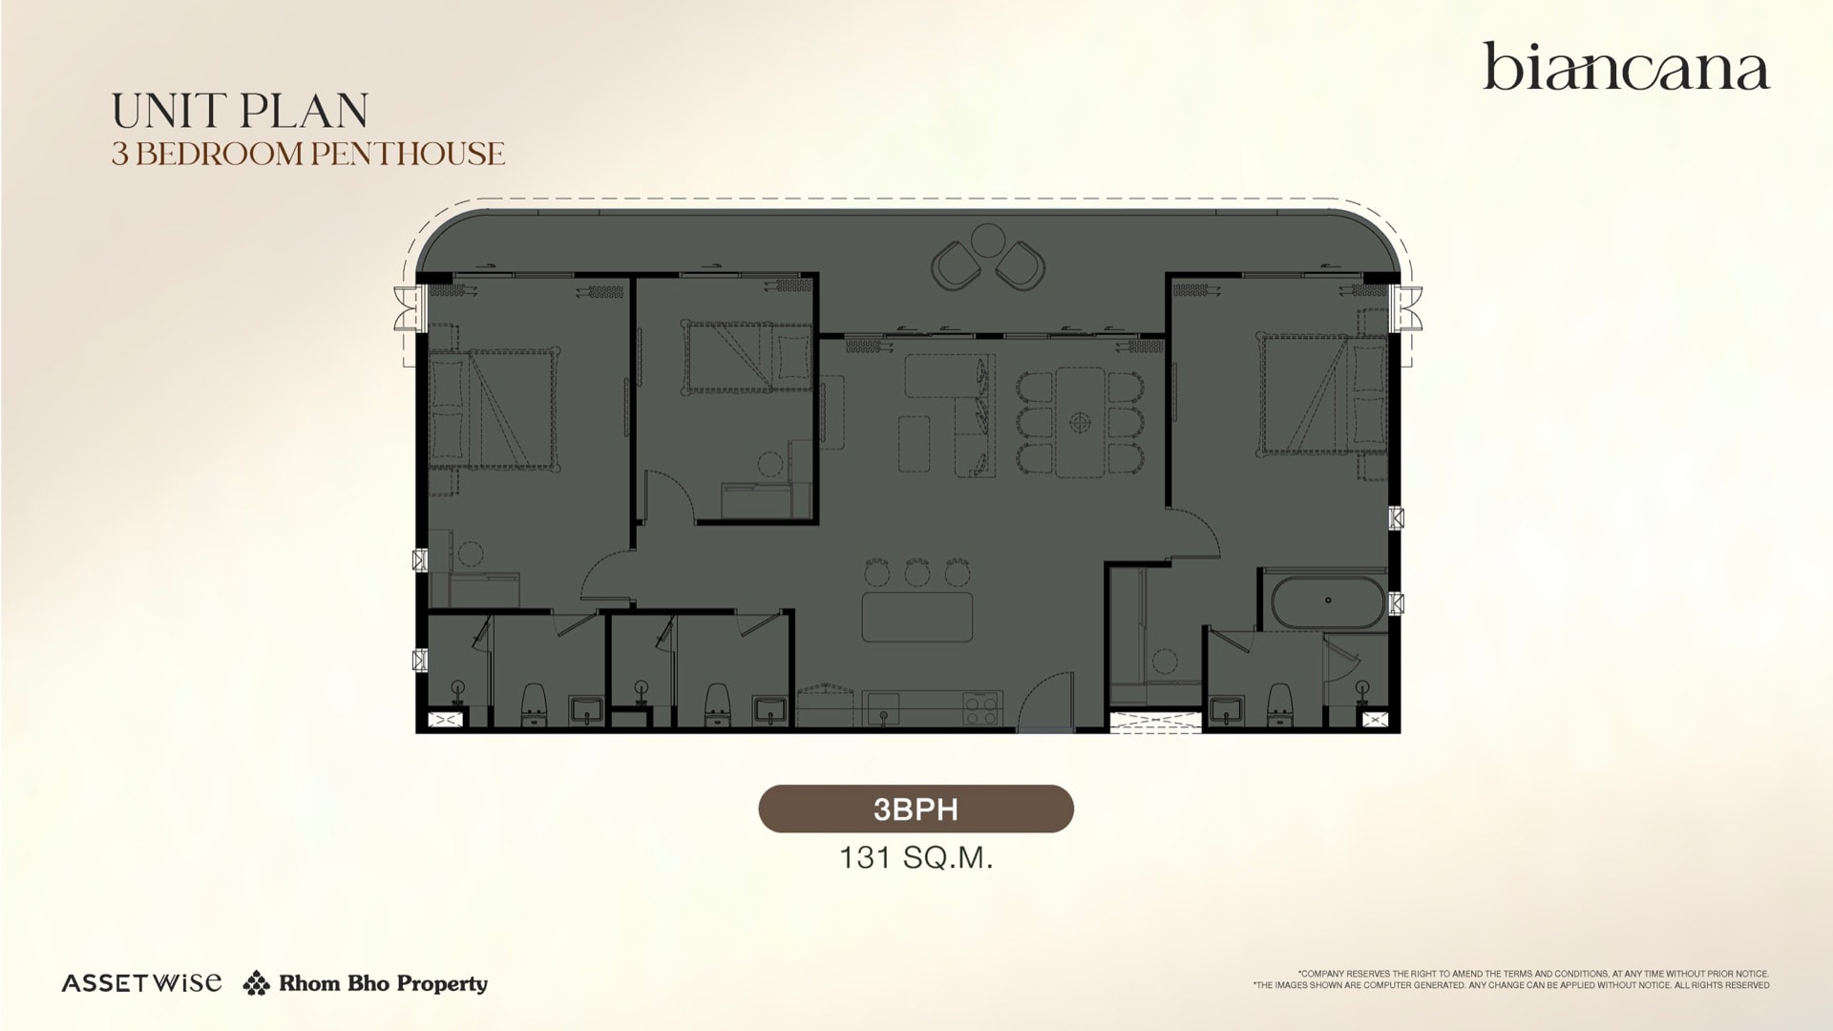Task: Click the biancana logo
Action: coord(1626,67)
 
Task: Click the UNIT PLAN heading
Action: coord(240,111)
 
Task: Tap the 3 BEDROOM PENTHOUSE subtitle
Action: coord(307,154)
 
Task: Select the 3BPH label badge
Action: coord(916,809)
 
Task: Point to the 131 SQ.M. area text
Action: coord(916,857)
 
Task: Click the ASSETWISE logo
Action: coord(141,982)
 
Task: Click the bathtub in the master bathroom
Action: coord(1327,601)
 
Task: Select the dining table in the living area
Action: coord(1080,421)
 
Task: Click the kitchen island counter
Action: coord(917,617)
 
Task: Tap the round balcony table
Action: coord(988,238)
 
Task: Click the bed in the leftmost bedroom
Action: coord(492,410)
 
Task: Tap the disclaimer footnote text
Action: coord(1511,979)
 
